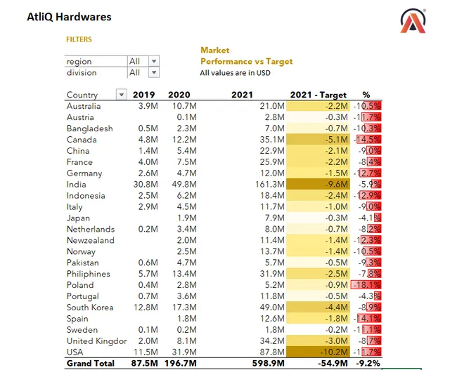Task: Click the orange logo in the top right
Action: [x=413, y=22]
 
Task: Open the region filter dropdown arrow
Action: [x=154, y=61]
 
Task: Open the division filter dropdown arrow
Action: [x=154, y=72]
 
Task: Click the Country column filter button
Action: [x=122, y=95]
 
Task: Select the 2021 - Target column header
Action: [x=318, y=95]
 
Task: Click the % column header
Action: [x=366, y=95]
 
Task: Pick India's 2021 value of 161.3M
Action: [x=268, y=185]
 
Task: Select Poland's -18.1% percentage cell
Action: [x=366, y=285]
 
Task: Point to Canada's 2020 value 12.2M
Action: [x=183, y=140]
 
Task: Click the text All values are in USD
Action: [x=235, y=72]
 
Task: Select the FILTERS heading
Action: [x=79, y=40]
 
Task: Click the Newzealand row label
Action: [x=90, y=240]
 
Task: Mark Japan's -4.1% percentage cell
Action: [x=366, y=218]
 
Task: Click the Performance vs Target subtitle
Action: [x=246, y=61]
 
